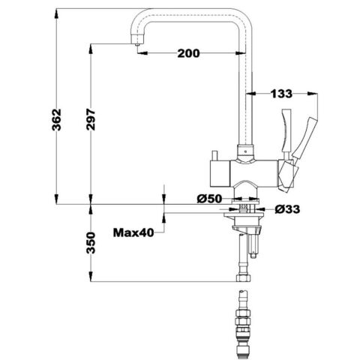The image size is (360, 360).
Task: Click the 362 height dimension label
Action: [x=57, y=119]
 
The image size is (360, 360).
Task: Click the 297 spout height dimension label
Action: [x=91, y=119]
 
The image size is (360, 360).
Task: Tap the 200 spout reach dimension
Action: [x=188, y=53]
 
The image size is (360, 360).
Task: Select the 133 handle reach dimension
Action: [x=281, y=94]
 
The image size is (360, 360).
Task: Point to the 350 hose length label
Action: [x=91, y=243]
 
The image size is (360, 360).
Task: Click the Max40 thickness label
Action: [x=133, y=232]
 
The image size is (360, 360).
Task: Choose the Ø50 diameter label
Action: [x=209, y=199]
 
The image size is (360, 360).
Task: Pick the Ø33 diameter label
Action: [x=287, y=209]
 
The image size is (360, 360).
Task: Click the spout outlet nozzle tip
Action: [x=136, y=44]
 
